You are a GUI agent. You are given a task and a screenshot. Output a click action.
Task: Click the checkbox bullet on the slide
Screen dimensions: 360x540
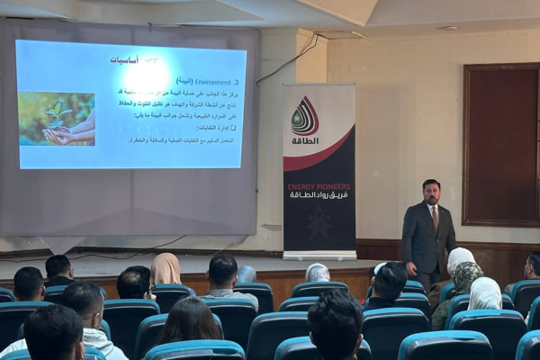pos(232,128)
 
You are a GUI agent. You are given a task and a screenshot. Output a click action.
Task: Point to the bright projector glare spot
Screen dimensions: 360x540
pos(149,75)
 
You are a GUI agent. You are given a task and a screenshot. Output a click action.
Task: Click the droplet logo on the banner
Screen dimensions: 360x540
pos(305,116)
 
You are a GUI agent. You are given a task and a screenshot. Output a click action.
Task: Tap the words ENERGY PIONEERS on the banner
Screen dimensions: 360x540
pos(319,186)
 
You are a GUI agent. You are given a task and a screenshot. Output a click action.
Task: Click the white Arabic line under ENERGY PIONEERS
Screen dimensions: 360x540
pos(319,195)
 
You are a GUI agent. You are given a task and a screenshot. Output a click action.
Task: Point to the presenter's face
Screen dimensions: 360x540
pos(431,192)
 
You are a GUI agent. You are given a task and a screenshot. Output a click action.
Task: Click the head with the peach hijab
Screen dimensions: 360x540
pos(165,268)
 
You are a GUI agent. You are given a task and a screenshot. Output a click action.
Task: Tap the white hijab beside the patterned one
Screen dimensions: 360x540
pos(485,292)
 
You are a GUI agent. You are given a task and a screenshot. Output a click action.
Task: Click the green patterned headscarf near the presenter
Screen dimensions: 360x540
pos(466,277)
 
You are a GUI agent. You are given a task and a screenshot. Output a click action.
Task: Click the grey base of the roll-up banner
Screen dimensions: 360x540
pos(319,256)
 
